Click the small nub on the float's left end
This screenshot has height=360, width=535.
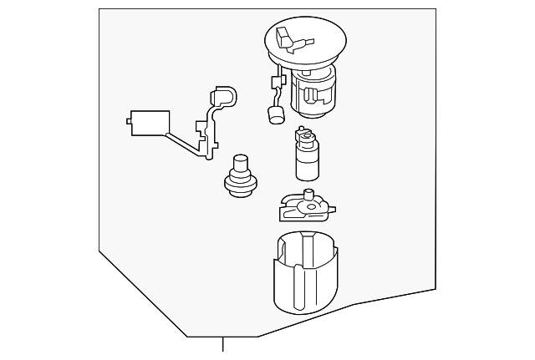tap(129, 122)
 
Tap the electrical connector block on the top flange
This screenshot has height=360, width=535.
tap(283, 38)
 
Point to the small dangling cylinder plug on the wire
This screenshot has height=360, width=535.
tap(275, 115)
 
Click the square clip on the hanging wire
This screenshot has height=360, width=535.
tap(275, 82)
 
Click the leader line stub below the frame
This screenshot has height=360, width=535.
tap(223, 345)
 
